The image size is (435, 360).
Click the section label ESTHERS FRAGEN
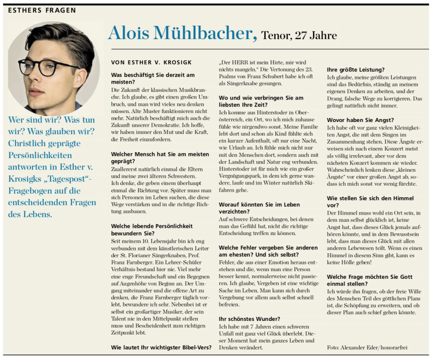tap(42, 10)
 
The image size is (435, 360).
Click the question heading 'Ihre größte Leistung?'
tap(356, 70)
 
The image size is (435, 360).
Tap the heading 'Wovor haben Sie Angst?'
tap(360, 120)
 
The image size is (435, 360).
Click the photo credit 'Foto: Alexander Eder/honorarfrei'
tap(367, 348)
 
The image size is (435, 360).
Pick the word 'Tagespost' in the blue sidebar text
tap(63, 179)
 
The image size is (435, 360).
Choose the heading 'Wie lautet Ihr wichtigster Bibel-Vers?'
tap(161, 348)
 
